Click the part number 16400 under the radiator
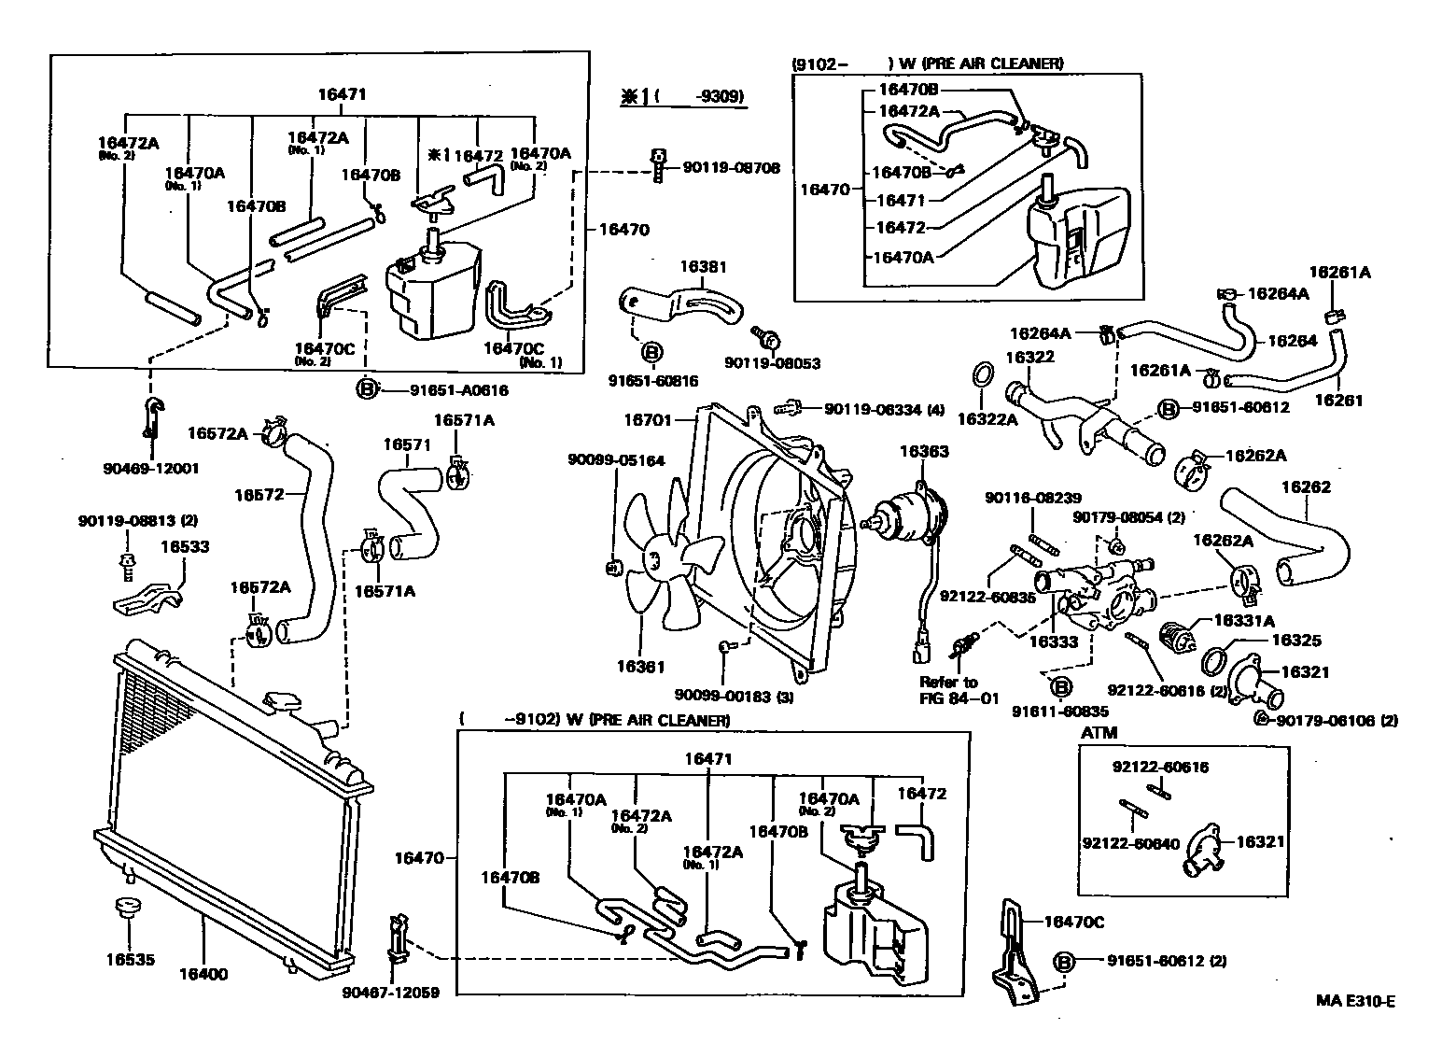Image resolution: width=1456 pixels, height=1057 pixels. (x=203, y=975)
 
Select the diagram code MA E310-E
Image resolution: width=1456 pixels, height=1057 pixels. (x=1355, y=1002)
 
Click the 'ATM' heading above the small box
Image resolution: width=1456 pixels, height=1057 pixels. (x=1099, y=733)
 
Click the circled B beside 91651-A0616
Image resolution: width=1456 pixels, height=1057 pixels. (x=368, y=389)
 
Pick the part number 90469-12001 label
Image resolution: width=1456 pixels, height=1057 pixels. (x=152, y=468)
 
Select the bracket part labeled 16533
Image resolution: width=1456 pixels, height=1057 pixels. (x=149, y=598)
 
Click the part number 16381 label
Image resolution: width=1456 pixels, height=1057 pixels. (x=702, y=267)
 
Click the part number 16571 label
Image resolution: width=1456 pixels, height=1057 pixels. (x=407, y=444)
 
